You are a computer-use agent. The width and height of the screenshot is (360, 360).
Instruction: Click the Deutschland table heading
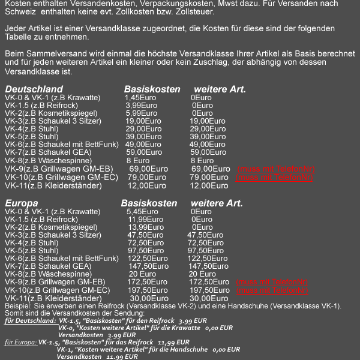point(34,89)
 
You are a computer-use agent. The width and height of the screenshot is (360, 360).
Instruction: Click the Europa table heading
point(22,203)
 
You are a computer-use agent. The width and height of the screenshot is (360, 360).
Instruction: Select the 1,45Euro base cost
point(141,98)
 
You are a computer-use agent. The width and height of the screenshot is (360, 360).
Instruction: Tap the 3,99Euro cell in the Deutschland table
point(142,106)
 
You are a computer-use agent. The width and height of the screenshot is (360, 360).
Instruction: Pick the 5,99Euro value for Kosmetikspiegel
point(142,113)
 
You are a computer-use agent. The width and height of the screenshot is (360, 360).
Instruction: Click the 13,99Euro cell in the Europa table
point(146,227)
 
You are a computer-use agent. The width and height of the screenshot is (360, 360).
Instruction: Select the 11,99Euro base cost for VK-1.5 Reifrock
point(146,220)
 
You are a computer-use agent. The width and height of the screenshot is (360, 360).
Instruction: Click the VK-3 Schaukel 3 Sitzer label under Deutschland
point(53,121)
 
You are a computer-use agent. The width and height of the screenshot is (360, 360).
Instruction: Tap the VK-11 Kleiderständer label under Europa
point(53,298)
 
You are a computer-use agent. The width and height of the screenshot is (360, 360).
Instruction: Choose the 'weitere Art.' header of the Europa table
point(217,203)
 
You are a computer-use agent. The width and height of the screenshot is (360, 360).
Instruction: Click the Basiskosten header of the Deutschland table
point(152,89)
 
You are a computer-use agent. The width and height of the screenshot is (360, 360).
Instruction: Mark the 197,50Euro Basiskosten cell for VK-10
point(148,290)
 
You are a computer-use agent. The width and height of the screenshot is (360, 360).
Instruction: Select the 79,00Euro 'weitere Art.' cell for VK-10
point(209,177)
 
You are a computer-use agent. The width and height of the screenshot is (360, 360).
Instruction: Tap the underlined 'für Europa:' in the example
point(21,342)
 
